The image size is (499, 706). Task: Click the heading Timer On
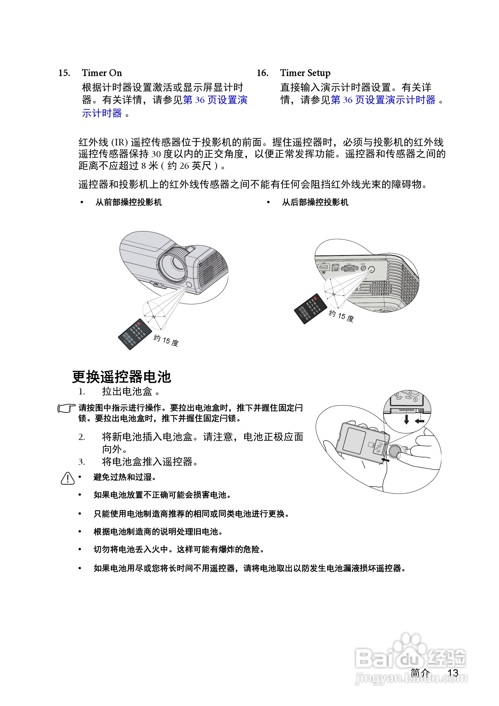(102, 73)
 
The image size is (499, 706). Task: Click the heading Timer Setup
(305, 73)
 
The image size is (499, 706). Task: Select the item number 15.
(64, 73)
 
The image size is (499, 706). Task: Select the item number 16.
(262, 73)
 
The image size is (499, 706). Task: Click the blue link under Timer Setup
(383, 100)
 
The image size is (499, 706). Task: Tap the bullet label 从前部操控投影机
(128, 202)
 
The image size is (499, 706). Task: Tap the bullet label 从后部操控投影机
(315, 202)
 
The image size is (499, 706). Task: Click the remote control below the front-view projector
(135, 334)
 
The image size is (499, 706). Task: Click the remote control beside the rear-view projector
(310, 309)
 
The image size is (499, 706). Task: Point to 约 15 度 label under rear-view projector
(341, 316)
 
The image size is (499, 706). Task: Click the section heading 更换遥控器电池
(121, 377)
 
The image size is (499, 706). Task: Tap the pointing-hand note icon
(66, 408)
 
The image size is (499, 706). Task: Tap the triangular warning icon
(67, 478)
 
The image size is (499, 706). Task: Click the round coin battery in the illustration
(395, 451)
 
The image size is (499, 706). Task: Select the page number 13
(453, 673)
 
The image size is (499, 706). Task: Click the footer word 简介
(420, 673)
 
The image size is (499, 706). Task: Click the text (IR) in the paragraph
(119, 142)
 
